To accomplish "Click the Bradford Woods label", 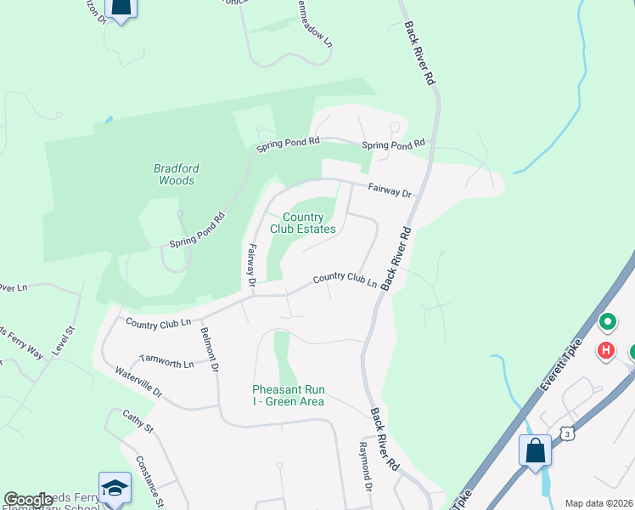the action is coord(176,174).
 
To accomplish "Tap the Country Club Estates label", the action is coord(303,224).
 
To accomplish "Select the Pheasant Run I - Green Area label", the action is coord(288,395).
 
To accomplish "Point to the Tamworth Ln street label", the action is coord(166,362).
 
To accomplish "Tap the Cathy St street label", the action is coord(137,422).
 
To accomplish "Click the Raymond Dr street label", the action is coord(364,466).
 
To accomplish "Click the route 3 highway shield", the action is coord(567,434).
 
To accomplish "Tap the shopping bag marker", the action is coord(536,450).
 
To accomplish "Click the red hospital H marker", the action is coord(605,349).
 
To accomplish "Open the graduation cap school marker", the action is coord(115,487).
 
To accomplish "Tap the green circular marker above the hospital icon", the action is coord(608,322).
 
